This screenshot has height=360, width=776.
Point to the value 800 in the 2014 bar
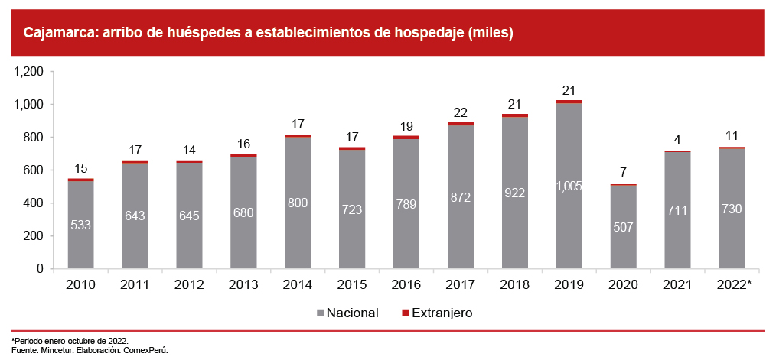click(297, 204)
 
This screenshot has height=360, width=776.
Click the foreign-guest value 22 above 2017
click(460, 112)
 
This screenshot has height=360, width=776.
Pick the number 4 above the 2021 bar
click(677, 139)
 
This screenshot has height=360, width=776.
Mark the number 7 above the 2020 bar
click(623, 172)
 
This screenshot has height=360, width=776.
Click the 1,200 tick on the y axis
click(31, 72)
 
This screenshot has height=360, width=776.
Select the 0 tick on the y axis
click(44, 269)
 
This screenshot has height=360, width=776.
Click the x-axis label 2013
click(243, 284)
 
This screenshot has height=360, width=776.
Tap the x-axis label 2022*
click(733, 284)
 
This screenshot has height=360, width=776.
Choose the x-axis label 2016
click(406, 284)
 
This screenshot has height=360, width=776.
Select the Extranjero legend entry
click(442, 313)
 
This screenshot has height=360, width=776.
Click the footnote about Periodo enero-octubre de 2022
click(70, 340)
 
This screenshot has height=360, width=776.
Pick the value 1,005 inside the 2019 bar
click(569, 186)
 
